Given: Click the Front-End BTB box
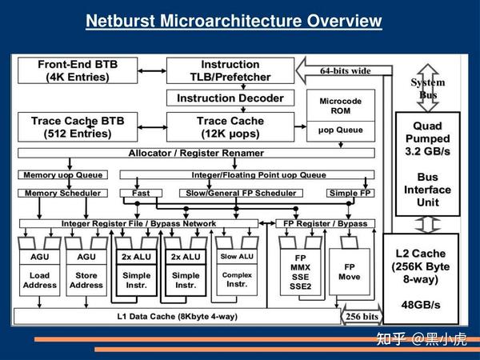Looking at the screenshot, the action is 78,70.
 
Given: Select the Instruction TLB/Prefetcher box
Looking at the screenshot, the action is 230,70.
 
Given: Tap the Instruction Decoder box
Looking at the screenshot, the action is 230,98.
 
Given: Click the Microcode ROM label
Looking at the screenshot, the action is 341,106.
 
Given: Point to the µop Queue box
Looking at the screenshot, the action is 341,131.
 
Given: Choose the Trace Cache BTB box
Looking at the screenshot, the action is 78,127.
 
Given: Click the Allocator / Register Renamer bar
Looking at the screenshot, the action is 196,153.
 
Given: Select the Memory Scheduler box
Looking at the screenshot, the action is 62,193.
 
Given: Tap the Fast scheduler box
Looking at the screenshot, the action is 141,193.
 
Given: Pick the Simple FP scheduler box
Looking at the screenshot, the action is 350,193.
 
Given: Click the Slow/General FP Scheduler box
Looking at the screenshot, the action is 242,193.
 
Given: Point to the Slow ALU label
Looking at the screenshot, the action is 237,257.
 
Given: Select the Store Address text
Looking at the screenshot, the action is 86,280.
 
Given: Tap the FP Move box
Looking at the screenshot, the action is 350,272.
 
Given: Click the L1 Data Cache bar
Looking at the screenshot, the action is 178,316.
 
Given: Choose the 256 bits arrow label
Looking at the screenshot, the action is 362,316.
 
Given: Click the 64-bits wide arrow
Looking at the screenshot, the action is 344,70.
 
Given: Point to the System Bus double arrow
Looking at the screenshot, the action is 428,88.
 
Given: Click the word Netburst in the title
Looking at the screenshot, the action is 121,21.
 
